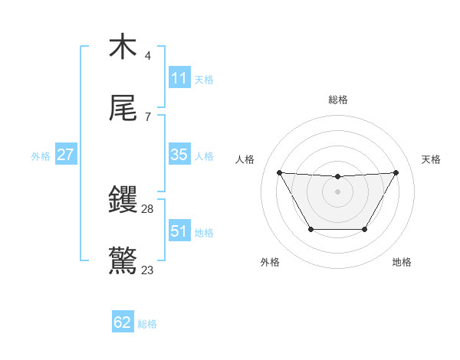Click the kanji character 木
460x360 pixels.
pyautogui.click(x=123, y=47)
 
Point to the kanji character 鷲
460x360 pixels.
pyautogui.click(x=123, y=261)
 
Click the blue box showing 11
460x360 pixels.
pyautogui.click(x=179, y=78)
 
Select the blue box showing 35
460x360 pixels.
pyautogui.click(x=179, y=155)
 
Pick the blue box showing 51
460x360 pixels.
pyautogui.click(x=179, y=231)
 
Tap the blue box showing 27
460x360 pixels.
pyautogui.click(x=66, y=155)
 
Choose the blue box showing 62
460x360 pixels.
pyautogui.click(x=123, y=322)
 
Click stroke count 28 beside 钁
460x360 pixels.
pyautogui.click(x=148, y=208)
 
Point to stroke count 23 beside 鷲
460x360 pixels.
pyautogui.click(x=147, y=270)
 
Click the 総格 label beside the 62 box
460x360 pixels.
pyautogui.click(x=147, y=324)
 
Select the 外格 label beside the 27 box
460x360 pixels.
pyautogui.click(x=41, y=156)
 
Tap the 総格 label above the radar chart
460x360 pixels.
pyautogui.click(x=338, y=100)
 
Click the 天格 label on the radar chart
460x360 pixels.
pyautogui.click(x=432, y=159)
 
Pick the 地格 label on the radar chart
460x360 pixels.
pyautogui.click(x=402, y=262)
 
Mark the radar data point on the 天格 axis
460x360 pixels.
pyautogui.click(x=396, y=172)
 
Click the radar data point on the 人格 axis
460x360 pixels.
pyautogui.click(x=279, y=172)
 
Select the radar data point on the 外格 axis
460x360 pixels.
pyautogui.click(x=310, y=229)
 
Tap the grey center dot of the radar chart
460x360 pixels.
pyautogui.click(x=337, y=191)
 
